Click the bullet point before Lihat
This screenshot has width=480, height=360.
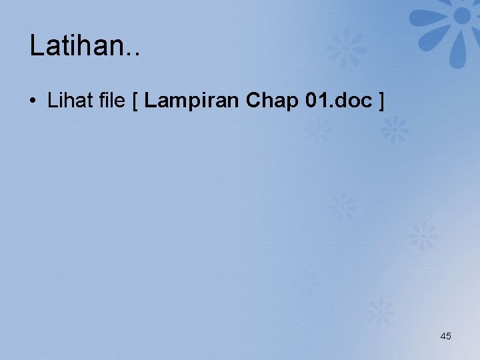(x=33, y=102)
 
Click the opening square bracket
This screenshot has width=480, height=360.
(x=135, y=102)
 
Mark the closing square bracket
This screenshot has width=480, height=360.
(x=381, y=102)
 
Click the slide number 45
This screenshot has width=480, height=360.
(x=445, y=336)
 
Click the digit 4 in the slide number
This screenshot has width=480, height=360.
(x=443, y=336)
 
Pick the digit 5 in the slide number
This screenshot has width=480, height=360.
(x=449, y=336)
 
